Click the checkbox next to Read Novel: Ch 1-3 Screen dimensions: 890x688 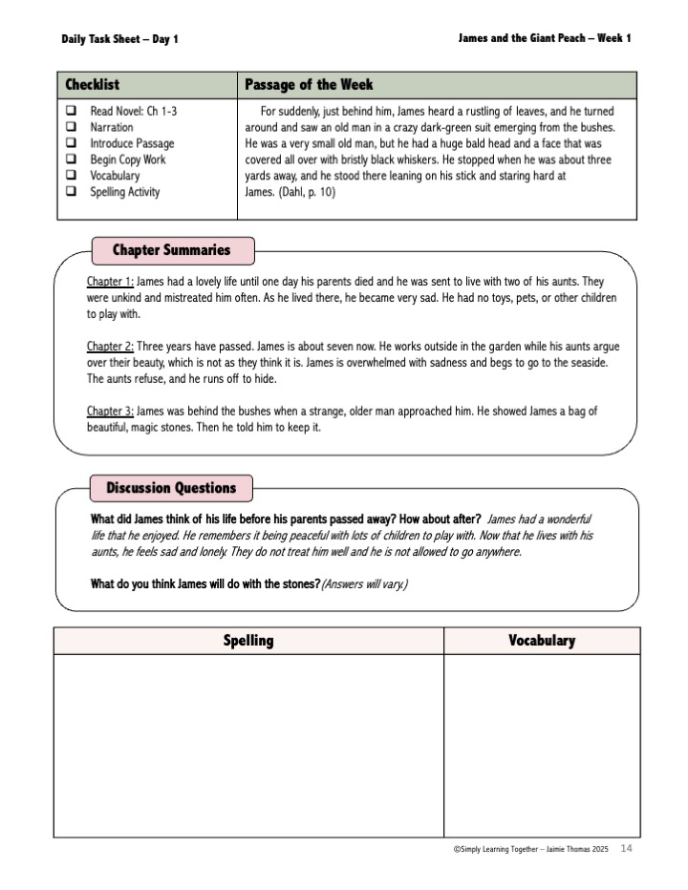(71, 111)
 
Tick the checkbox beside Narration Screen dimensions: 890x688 (71, 127)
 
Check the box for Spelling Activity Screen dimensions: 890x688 (71, 192)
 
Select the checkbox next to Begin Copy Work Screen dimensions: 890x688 (71, 159)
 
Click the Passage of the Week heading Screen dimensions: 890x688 (309, 85)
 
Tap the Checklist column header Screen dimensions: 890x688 (93, 85)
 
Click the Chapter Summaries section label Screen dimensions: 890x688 (171, 250)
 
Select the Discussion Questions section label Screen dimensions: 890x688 (171, 488)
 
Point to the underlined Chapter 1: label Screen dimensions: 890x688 (110, 282)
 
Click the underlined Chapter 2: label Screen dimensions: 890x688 (110, 347)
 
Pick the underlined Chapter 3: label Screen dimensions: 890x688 (110, 411)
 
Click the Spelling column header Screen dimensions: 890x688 (248, 641)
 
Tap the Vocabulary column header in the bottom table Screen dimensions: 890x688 (542, 641)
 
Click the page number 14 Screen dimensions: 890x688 (626, 849)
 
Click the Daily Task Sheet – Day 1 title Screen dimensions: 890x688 (119, 39)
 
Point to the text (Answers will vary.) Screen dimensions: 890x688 (364, 583)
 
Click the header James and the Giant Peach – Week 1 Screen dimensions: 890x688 (545, 38)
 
